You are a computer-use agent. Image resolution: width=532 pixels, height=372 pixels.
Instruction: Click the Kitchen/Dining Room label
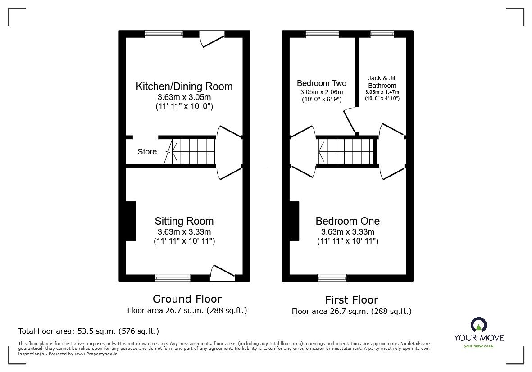184,86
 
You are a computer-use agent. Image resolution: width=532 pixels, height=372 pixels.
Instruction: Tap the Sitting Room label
184,221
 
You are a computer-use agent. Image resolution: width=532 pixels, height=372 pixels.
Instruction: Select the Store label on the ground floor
147,152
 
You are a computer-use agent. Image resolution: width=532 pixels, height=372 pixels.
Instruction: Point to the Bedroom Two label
322,83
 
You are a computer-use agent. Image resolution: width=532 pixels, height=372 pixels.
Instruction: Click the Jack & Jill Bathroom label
382,82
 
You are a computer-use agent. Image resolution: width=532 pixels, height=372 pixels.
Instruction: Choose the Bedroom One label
347,221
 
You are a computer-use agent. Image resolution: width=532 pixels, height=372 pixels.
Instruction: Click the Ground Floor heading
187,299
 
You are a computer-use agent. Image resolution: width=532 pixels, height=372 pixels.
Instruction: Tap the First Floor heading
351,299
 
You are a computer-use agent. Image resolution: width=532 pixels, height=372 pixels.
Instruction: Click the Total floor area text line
88,331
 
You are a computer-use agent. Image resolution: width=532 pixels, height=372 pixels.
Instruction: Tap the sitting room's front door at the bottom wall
223,272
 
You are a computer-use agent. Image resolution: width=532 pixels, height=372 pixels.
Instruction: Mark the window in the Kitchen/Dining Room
164,34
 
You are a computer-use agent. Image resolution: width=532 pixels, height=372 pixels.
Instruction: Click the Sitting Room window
173,278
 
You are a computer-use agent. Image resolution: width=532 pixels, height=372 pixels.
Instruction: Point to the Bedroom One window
332,278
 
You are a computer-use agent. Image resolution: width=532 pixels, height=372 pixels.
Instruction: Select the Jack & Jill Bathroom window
382,34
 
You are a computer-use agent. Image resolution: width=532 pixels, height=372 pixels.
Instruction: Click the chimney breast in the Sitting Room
131,221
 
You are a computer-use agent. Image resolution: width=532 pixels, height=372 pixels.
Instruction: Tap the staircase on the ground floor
191,152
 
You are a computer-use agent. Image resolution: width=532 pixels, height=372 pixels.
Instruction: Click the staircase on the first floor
347,152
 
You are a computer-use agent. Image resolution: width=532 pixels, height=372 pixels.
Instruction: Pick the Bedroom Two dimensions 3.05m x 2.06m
322,92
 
